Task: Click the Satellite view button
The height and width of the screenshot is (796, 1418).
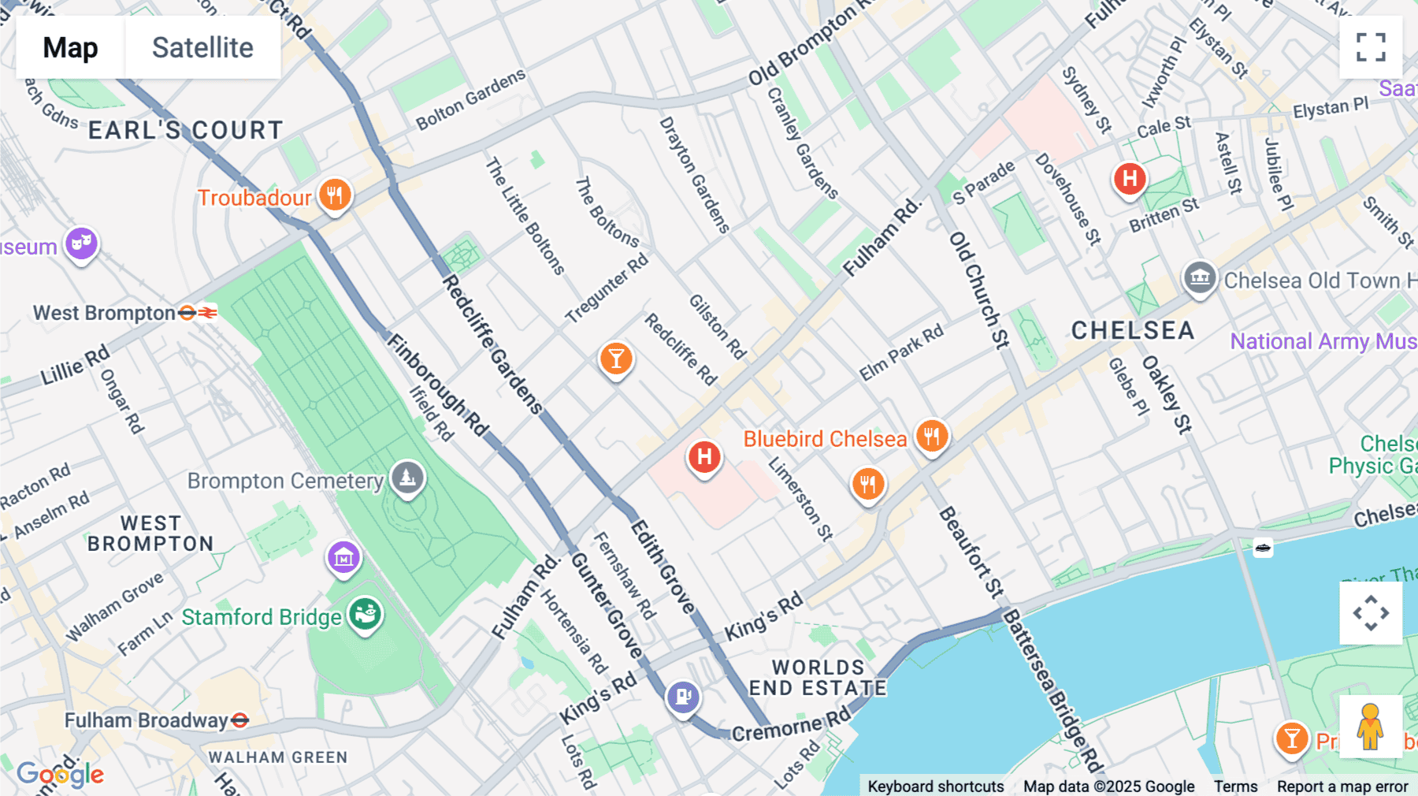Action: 202,48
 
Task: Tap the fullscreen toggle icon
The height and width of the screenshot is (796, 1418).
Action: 1371,47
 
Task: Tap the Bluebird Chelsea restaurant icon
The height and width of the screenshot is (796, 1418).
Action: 931,436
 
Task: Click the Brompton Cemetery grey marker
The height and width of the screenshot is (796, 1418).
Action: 407,478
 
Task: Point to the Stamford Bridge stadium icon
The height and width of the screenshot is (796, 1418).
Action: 365,613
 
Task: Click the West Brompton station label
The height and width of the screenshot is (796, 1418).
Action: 104,313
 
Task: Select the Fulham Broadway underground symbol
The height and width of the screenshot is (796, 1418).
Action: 240,720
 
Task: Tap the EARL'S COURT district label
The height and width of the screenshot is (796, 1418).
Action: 185,130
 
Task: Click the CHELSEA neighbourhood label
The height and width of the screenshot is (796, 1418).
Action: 1132,330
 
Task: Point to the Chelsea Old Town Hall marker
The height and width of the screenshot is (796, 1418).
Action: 1199,277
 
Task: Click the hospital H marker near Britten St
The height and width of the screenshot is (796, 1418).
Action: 1129,178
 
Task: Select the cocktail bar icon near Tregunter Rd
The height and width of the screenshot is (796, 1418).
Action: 616,359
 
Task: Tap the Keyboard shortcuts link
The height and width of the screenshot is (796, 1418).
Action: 935,786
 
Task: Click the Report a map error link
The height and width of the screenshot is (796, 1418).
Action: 1342,786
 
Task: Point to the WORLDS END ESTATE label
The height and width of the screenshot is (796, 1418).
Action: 818,678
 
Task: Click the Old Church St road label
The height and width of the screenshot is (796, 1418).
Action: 978,289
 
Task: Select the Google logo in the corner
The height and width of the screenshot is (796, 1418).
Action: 60,774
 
